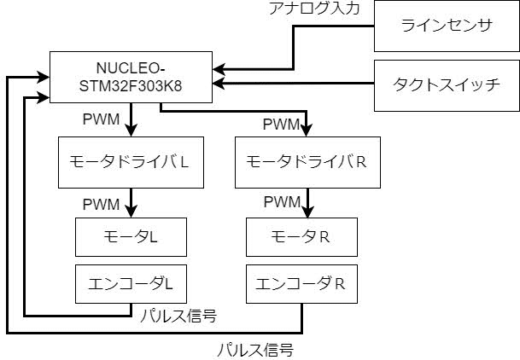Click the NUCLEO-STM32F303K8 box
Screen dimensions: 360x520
(131, 77)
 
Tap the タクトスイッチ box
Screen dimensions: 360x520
(446, 84)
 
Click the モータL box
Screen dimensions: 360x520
(130, 236)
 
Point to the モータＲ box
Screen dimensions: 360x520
(301, 236)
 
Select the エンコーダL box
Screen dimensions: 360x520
(130, 282)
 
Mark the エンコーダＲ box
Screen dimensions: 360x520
(301, 282)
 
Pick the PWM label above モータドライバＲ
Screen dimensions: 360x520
(281, 125)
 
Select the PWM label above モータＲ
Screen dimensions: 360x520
(281, 202)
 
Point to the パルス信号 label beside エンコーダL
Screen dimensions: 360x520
(177, 316)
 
